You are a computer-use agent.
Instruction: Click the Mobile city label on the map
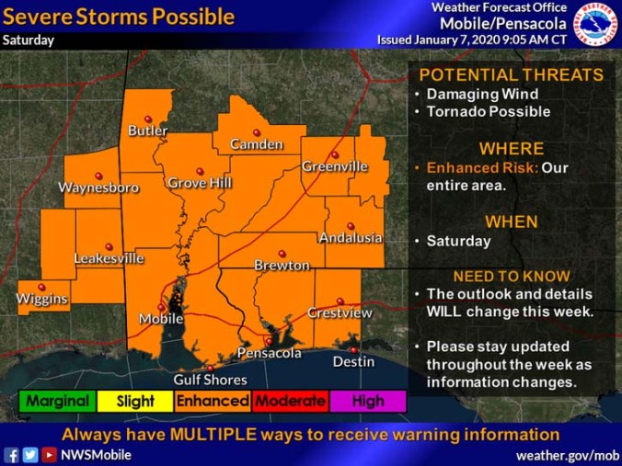click(160, 319)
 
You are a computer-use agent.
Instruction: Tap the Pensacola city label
click(270, 353)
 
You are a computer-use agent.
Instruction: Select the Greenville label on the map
click(335, 166)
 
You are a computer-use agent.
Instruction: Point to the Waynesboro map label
click(98, 188)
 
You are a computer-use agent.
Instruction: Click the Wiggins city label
click(41, 300)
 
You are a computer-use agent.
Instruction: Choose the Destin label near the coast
click(353, 361)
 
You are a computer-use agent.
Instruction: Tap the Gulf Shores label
click(211, 380)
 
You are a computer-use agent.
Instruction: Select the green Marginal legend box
click(57, 401)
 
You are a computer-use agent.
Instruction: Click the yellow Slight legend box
click(135, 401)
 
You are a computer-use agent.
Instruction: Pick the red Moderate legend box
click(291, 401)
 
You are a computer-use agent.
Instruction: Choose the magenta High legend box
click(369, 401)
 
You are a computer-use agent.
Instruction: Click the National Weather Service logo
click(597, 23)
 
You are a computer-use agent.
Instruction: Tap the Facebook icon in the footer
click(12, 455)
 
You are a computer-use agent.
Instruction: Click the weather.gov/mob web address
click(567, 455)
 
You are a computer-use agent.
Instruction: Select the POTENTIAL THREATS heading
click(512, 75)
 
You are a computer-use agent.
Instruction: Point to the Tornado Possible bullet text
click(488, 112)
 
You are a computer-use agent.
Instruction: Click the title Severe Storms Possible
click(119, 17)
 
